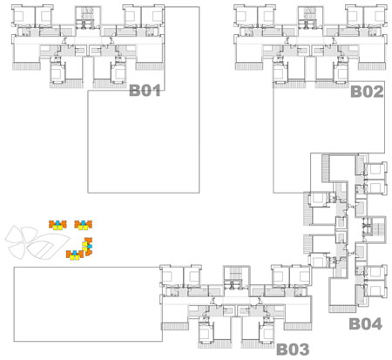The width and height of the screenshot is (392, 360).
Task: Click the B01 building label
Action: tap(145, 91)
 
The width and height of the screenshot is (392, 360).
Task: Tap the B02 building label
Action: tap(367, 92)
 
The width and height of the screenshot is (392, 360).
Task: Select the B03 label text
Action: tap(293, 349)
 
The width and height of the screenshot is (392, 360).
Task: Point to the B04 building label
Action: tap(365, 323)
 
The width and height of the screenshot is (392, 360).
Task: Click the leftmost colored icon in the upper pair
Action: tap(57, 225)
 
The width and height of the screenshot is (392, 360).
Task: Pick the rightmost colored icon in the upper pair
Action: tap(84, 225)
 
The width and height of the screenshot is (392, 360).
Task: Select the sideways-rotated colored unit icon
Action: tap(87, 247)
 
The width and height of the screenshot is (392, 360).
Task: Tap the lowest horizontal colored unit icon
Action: tap(75, 255)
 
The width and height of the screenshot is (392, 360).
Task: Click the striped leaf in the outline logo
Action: tap(48, 246)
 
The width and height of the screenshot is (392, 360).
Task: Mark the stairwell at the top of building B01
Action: tap(88, 17)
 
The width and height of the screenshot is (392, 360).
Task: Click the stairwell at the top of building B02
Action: tap(310, 17)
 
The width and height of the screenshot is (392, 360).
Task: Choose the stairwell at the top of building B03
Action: tap(237, 276)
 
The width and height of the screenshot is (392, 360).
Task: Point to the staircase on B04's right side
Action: tap(375, 229)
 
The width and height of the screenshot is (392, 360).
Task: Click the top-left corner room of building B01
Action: tap(24, 16)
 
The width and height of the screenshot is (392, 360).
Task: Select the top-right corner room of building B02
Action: tap(375, 16)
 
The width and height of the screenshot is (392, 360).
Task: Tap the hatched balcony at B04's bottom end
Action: tap(342, 309)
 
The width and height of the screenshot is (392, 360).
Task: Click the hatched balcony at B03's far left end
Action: tap(175, 326)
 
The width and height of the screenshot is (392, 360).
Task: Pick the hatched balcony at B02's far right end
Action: tap(372, 66)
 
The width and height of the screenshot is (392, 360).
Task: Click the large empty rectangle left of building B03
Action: tap(88, 304)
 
